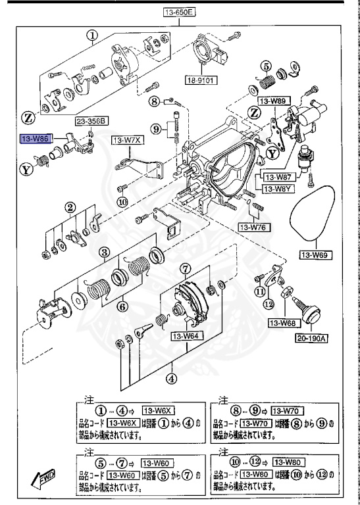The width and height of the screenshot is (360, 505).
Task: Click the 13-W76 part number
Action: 252,228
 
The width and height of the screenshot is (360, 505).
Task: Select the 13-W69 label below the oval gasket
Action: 315,254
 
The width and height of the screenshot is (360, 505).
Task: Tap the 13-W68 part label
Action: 281,323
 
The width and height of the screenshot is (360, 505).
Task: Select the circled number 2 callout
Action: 70,208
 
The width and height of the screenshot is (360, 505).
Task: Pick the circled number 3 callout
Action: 104,252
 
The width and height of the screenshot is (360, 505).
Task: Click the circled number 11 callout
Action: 261,291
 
